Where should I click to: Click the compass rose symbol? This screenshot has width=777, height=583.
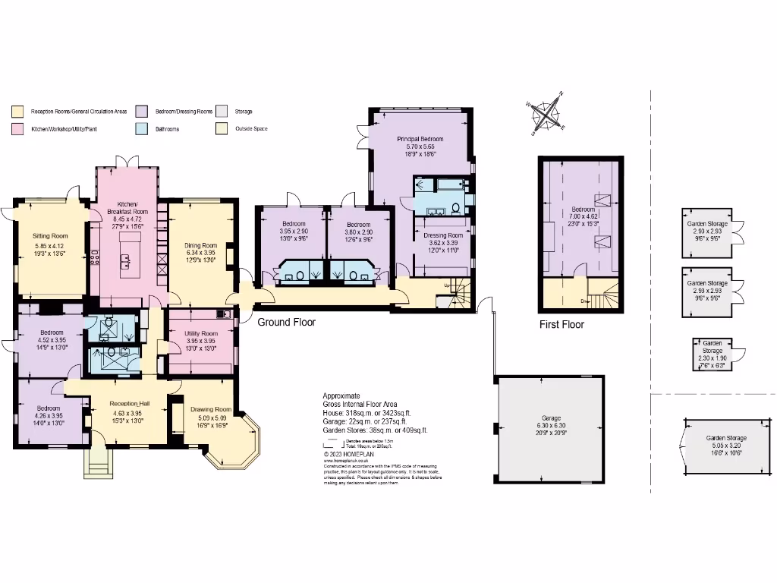[546, 115]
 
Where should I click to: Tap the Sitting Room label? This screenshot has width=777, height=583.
[51, 236]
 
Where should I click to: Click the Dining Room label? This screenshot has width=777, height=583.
[201, 245]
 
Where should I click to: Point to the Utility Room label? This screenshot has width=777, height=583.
[201, 333]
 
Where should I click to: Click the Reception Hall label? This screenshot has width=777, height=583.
[127, 404]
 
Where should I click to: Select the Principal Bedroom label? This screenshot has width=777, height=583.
[420, 140]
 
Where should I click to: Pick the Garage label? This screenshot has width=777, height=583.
[551, 418]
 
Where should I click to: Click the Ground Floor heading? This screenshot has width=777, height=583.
[286, 323]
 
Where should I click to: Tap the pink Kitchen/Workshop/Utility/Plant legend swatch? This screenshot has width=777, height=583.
[17, 129]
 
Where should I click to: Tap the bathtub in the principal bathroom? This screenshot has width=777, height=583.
[442, 184]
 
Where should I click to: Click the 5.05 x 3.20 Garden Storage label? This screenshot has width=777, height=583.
[726, 443]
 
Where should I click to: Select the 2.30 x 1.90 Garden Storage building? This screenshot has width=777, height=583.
[711, 354]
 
